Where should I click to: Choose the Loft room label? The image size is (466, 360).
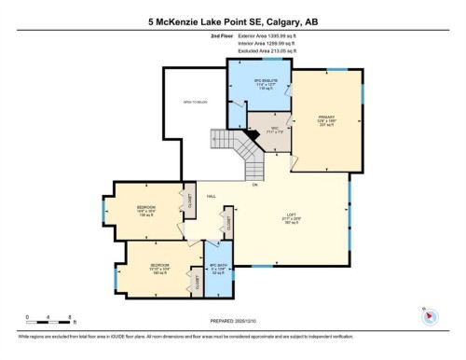coord(291,222)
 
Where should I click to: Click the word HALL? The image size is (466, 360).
coord(212,197)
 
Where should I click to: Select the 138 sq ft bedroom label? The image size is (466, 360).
coord(145,209)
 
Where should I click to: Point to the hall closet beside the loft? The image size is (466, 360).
coord(225,225)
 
